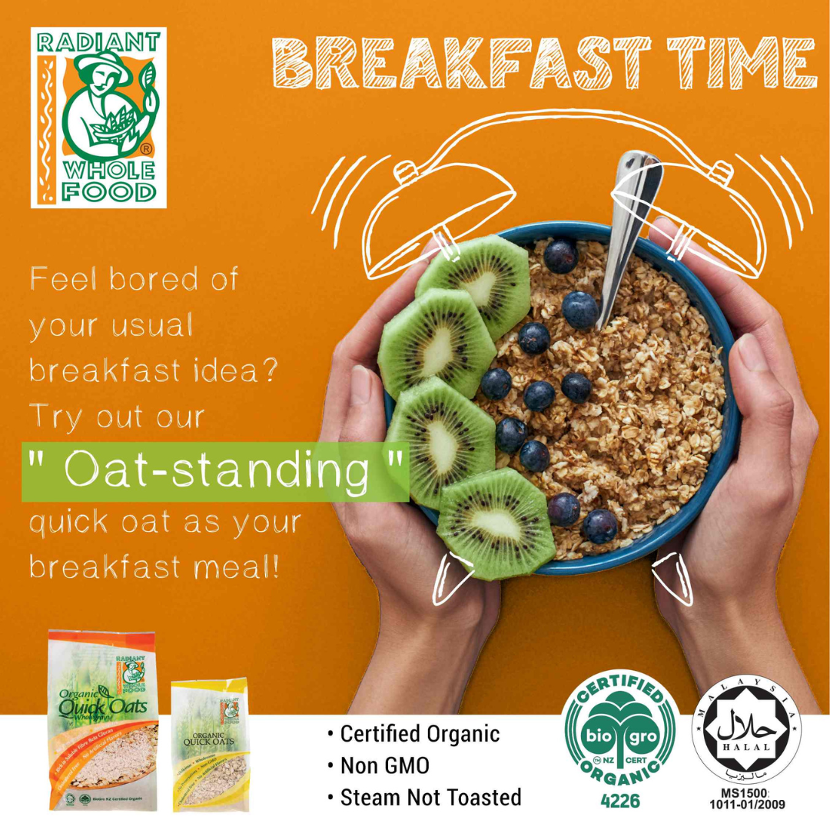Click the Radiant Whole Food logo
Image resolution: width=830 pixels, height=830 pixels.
(x=98, y=117)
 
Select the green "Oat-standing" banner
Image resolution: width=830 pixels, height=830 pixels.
(x=215, y=471)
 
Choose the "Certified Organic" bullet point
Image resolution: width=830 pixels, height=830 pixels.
(x=414, y=734)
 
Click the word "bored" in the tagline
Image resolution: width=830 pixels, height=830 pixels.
(x=153, y=279)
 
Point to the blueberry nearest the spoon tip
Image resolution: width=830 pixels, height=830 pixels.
(x=579, y=309)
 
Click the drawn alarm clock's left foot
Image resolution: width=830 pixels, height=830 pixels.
(x=450, y=579)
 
